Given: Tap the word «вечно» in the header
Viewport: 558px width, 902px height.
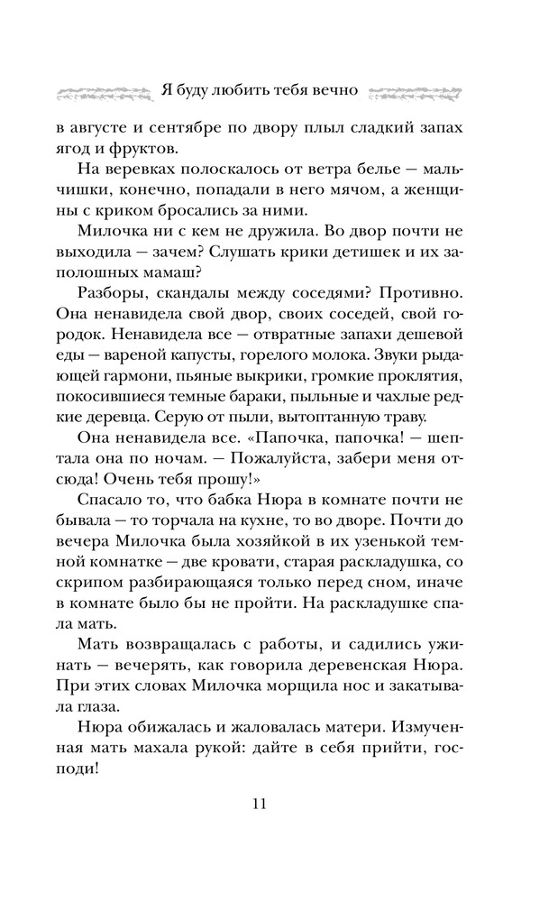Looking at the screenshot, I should click(337, 91).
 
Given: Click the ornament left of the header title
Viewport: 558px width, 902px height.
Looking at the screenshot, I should click(100, 92).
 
